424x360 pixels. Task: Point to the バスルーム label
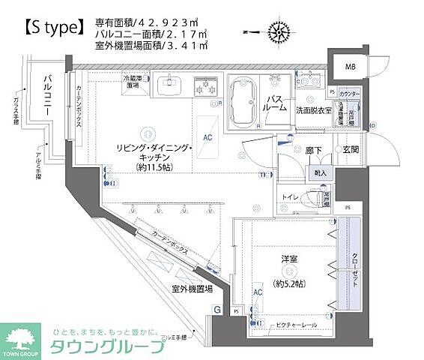(x=276, y=103)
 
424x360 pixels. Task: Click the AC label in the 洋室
(x=257, y=292)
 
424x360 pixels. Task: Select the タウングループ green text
(x=106, y=347)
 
